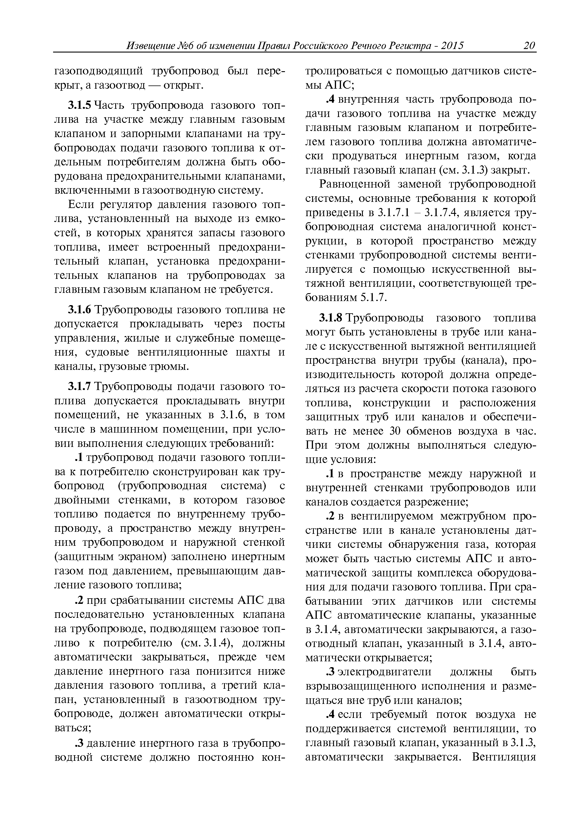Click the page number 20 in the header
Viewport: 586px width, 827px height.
pos(529,46)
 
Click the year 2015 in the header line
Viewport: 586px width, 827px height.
pos(452,46)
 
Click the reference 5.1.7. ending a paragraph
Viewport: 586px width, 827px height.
pos(373,298)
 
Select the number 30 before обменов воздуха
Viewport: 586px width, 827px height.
pos(397,431)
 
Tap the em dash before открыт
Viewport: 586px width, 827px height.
pos(154,85)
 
